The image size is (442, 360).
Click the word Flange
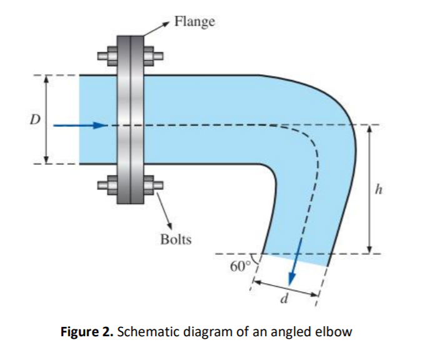click(194, 22)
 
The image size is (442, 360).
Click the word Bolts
click(176, 239)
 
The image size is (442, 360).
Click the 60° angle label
click(239, 267)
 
